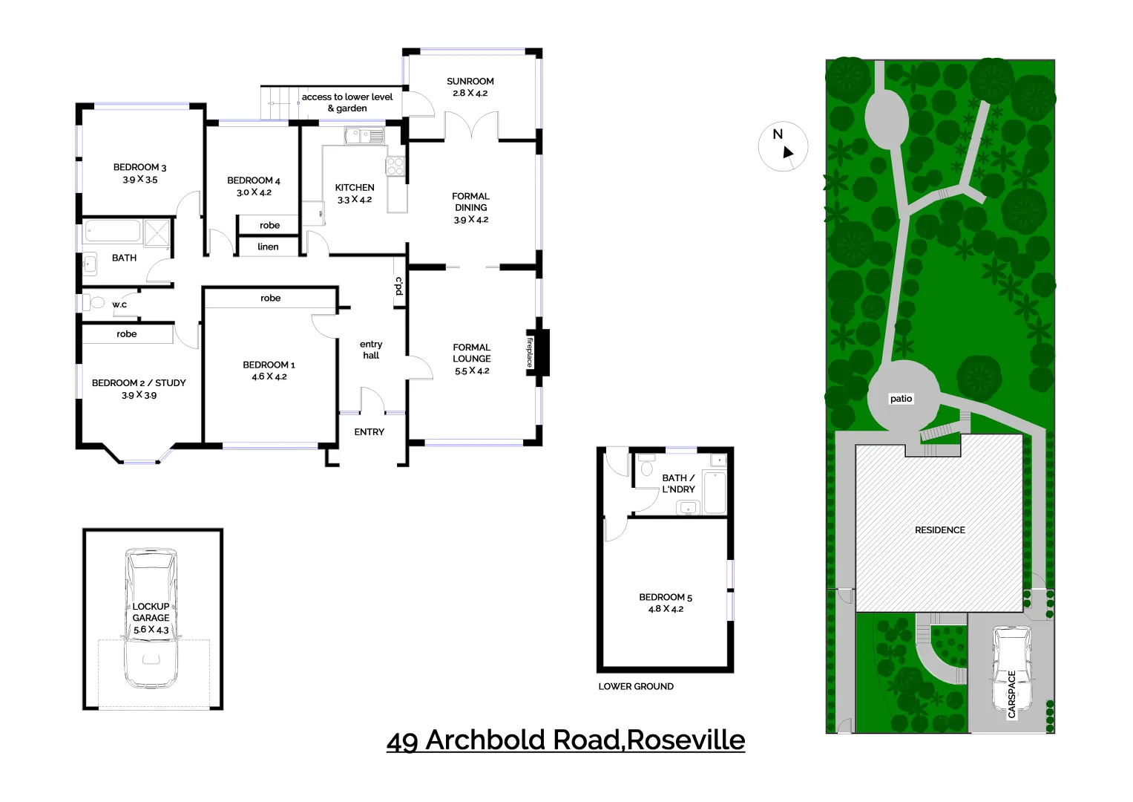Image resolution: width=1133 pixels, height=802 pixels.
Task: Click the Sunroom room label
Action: pyautogui.click(x=470, y=82)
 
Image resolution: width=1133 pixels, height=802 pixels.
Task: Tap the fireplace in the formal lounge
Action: pyautogui.click(x=539, y=352)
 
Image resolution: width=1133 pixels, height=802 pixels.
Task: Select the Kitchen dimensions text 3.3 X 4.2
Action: pyautogui.click(x=355, y=200)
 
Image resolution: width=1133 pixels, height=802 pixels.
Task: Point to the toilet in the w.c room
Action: pyautogui.click(x=95, y=302)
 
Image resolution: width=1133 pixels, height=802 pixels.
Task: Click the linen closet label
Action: pyautogui.click(x=268, y=247)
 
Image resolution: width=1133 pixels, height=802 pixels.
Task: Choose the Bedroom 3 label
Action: pyautogui.click(x=139, y=168)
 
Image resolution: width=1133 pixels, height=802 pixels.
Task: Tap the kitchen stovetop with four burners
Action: pyautogui.click(x=395, y=166)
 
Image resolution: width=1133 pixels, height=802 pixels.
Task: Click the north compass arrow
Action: pyautogui.click(x=787, y=151)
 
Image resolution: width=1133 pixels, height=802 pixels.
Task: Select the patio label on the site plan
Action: pyautogui.click(x=901, y=399)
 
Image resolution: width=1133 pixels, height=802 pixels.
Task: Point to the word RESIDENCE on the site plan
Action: pyautogui.click(x=940, y=530)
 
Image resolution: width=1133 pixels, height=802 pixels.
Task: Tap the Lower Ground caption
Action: pyautogui.click(x=636, y=687)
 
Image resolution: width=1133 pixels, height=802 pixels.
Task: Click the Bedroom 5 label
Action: pyautogui.click(x=666, y=597)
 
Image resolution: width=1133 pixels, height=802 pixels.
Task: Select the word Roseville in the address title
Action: pyautogui.click(x=686, y=740)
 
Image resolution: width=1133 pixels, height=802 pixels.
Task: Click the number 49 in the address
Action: pyautogui.click(x=402, y=741)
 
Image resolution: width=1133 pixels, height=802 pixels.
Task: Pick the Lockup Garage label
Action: pyautogui.click(x=151, y=612)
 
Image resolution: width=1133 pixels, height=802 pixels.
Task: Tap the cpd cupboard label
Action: pyautogui.click(x=398, y=286)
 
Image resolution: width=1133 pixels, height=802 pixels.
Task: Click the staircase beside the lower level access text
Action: pyautogui.click(x=278, y=102)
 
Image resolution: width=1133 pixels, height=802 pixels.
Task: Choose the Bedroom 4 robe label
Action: pyautogui.click(x=269, y=226)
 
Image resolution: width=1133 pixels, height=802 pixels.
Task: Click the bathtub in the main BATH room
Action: pyautogui.click(x=113, y=231)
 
